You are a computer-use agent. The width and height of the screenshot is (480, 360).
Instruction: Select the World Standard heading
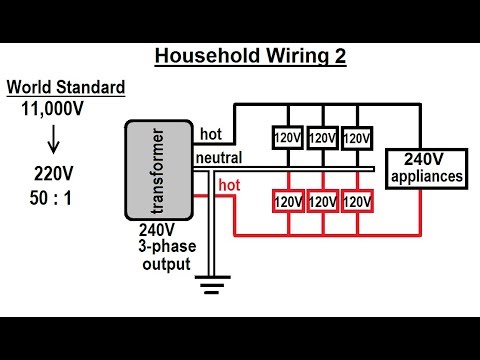(65, 87)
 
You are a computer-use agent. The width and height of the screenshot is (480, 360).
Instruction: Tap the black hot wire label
(211, 133)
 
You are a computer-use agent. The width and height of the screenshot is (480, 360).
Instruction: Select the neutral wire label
(218, 159)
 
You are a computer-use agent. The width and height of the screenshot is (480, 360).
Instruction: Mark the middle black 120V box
(322, 136)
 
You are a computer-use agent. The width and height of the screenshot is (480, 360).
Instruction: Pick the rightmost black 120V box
(355, 136)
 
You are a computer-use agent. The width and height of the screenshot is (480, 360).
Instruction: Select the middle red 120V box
(322, 202)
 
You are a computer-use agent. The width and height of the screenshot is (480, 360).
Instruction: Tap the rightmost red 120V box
(355, 202)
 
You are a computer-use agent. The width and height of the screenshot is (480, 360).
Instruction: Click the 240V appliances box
(428, 168)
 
